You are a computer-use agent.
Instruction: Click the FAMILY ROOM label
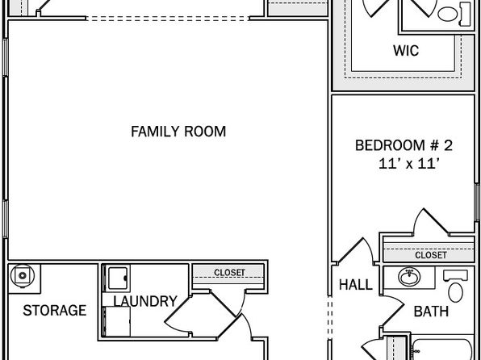[x=178, y=132]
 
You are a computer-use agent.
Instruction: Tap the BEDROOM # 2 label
[x=404, y=145]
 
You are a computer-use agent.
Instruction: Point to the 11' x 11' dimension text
[x=408, y=164]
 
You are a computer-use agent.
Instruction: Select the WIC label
[x=406, y=51]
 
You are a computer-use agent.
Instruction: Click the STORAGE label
[x=55, y=310]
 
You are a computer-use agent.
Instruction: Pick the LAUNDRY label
[x=145, y=301]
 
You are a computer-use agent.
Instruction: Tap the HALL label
[x=356, y=285]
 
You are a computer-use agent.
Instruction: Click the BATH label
[x=431, y=312]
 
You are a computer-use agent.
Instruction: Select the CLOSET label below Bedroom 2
[x=431, y=255]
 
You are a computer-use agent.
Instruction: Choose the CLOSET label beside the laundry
[x=229, y=273]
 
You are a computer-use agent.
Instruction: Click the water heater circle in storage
[x=22, y=275]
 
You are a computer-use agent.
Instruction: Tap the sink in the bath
[x=409, y=277]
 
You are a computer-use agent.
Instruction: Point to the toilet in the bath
[x=455, y=287]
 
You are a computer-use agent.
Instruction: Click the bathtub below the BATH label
[x=442, y=350]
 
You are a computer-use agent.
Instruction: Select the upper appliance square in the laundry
[x=116, y=278]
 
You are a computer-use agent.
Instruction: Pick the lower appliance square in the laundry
[x=117, y=321]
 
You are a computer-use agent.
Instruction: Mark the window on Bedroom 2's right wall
[x=477, y=203]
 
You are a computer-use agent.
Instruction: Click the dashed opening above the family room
[x=168, y=19]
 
